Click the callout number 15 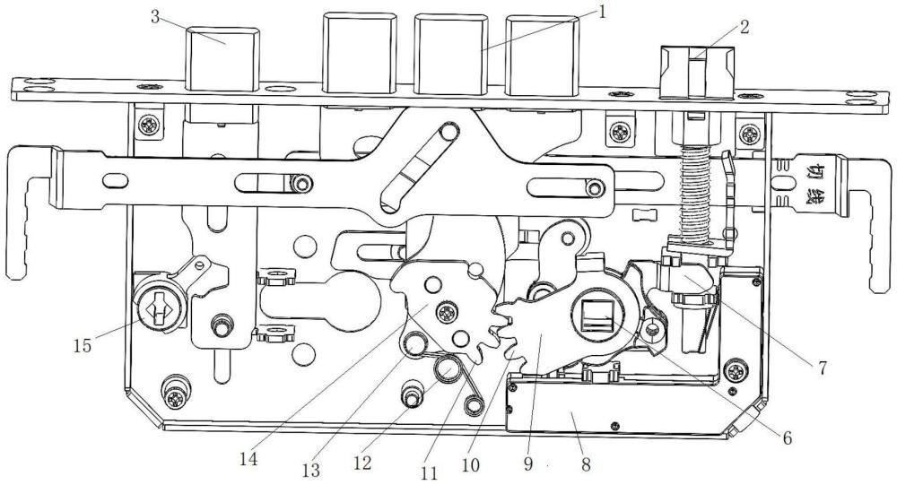pos(83,346)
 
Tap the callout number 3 pos(155,16)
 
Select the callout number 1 pos(601,12)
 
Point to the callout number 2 pos(744,27)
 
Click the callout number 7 pos(822,368)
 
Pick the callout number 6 pos(788,437)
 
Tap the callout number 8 pos(585,463)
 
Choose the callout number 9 pos(527,463)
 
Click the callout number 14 pos(248,459)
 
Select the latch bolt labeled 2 pos(697,72)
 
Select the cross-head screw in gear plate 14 pos(446,312)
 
